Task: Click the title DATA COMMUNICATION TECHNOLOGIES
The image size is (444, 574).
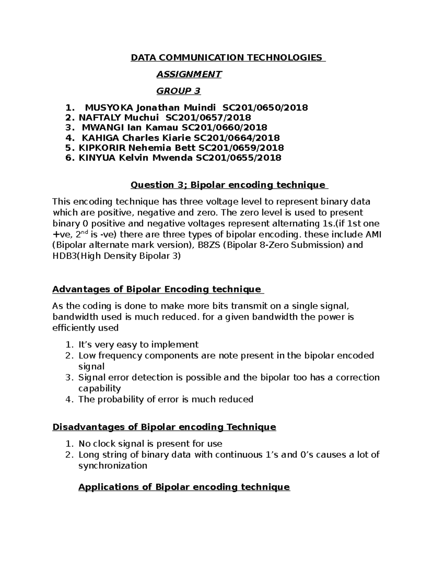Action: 226,58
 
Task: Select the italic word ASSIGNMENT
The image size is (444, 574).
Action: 189,74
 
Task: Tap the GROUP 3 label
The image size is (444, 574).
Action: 178,91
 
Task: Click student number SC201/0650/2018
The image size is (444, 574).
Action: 265,108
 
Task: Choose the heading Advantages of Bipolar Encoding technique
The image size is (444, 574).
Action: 157,289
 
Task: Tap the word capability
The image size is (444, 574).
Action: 100,388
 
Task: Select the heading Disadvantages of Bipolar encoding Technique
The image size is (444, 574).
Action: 164,427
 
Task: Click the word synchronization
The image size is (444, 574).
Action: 113,465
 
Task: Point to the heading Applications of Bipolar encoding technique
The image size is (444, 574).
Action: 184,487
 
